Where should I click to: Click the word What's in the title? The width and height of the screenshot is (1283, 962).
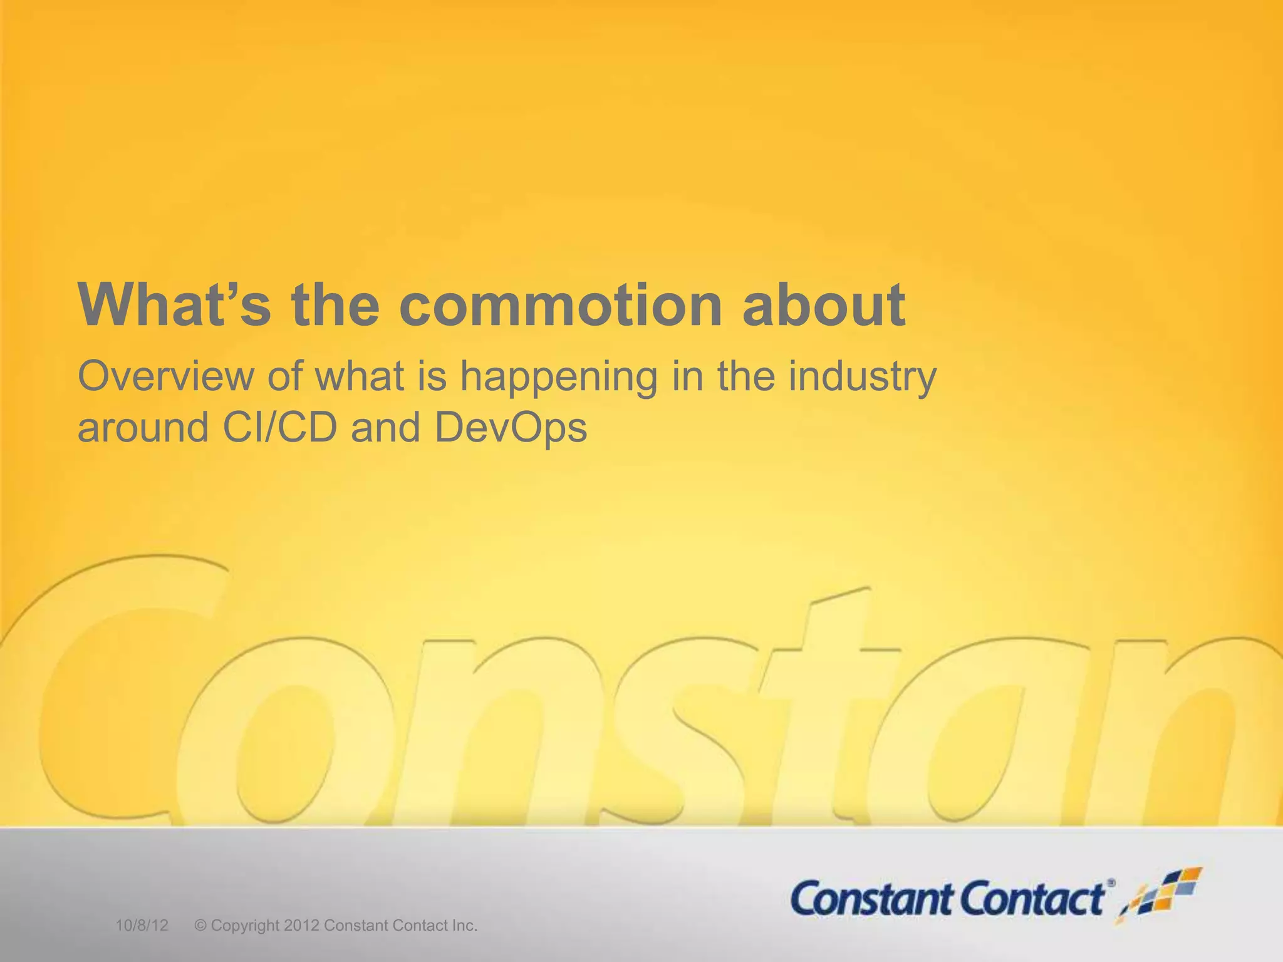pos(175,305)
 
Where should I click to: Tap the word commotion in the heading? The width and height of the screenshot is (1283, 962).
pos(561,305)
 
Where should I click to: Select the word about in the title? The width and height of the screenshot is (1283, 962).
pos(824,305)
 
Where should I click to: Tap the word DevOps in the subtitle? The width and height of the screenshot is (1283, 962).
pos(511,429)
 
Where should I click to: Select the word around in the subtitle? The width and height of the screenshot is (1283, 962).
pos(143,429)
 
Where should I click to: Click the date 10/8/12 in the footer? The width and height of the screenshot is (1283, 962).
pos(142,926)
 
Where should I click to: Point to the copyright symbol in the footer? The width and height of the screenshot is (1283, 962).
pos(200,926)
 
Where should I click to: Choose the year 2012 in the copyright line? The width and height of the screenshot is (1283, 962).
pos(301,926)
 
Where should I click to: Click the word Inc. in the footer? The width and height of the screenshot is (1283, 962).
pos(464,926)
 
